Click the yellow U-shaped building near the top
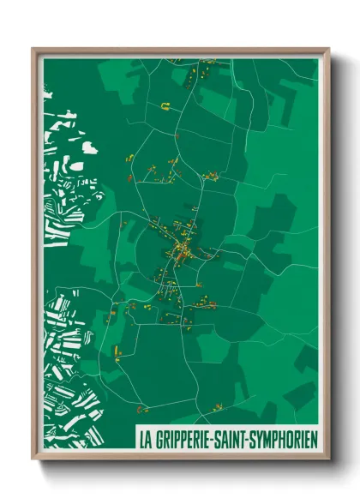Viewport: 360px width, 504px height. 165,106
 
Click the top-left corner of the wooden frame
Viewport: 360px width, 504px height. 33,49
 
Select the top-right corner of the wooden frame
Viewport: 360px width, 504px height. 328,49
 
